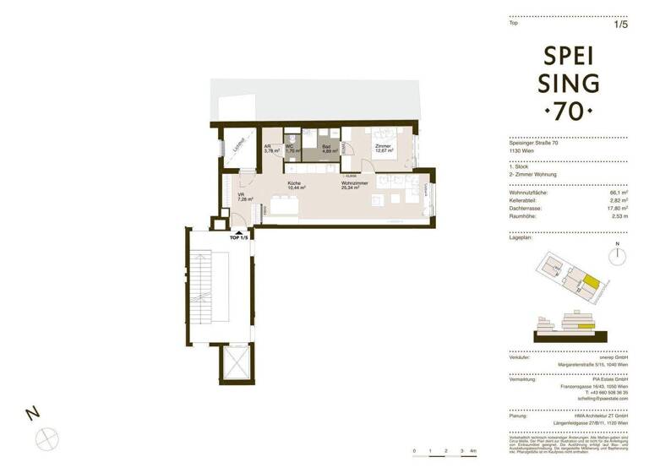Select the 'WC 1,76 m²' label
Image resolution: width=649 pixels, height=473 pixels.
(x=290, y=149)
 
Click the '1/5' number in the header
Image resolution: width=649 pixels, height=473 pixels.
(x=621, y=24)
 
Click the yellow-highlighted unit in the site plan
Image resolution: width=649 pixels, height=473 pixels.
(x=595, y=285)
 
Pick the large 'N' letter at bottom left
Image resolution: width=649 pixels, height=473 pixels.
(x=32, y=413)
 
